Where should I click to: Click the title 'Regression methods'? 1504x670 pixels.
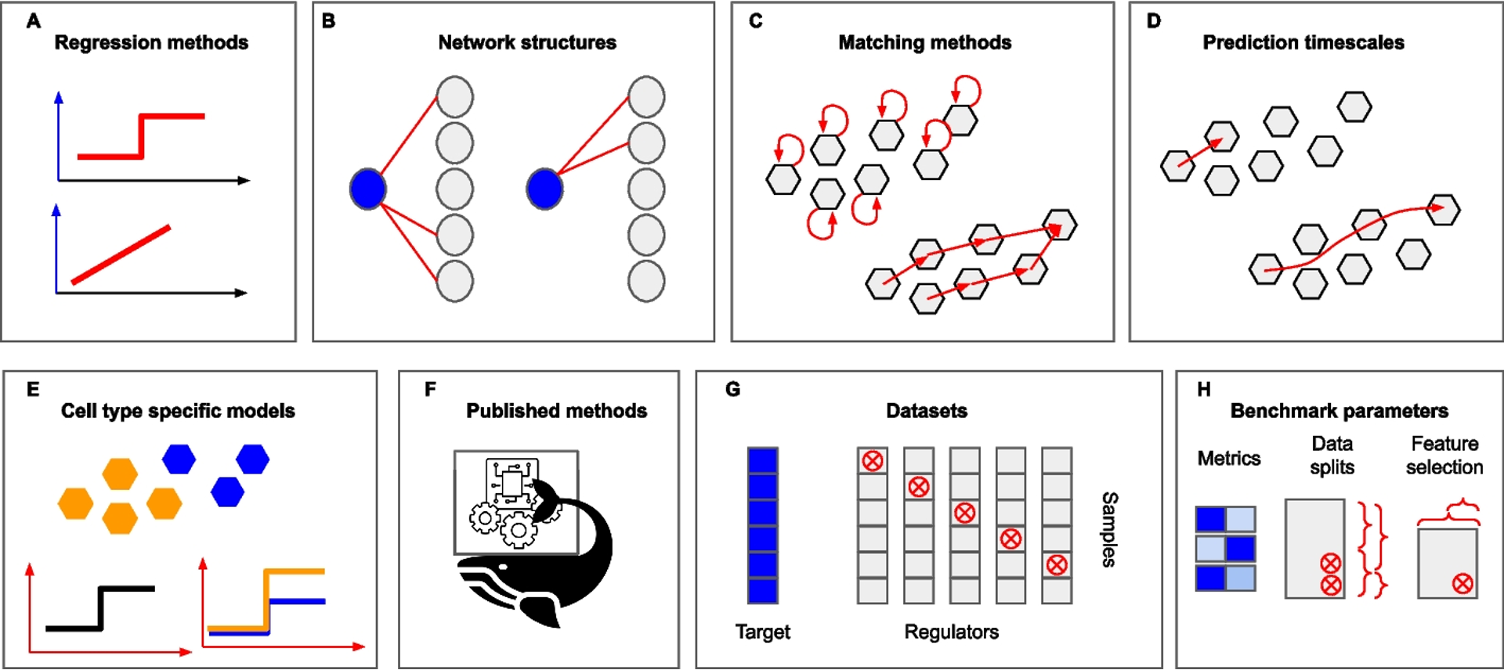tap(151, 42)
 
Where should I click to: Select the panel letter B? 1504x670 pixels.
tap(329, 21)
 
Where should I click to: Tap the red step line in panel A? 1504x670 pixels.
tap(142, 137)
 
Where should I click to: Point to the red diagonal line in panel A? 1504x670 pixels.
tap(121, 254)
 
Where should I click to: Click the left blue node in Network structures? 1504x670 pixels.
tap(367, 189)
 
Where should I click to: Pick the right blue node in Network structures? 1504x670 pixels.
tap(544, 189)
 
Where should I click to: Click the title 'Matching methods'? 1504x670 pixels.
tap(924, 42)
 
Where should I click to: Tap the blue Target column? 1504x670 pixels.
tap(762, 524)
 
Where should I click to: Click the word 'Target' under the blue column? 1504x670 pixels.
tap(762, 632)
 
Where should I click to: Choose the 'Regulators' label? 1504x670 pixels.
tap(951, 632)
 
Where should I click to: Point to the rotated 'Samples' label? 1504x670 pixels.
tap(1109, 529)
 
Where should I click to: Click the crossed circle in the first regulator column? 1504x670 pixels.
tap(873, 461)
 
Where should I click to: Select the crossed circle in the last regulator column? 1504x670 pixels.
tap(1057, 564)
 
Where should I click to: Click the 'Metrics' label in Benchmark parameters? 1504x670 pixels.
tap(1228, 458)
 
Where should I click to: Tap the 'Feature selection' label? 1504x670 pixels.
tap(1444, 455)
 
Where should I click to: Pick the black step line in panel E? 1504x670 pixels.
tap(100, 608)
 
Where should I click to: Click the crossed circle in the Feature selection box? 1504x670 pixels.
tap(1462, 583)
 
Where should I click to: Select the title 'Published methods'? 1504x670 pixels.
tap(556, 411)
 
